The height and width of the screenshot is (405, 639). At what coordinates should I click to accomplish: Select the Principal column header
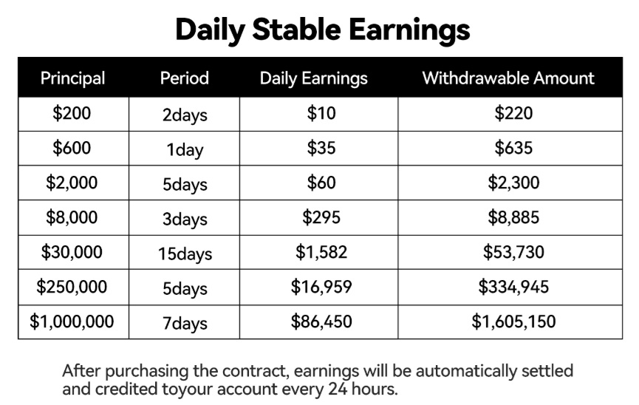pyautogui.click(x=73, y=78)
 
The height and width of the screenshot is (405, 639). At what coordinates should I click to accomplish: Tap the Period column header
pyautogui.click(x=185, y=78)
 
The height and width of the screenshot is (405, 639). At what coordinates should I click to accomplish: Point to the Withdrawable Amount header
pyautogui.click(x=508, y=78)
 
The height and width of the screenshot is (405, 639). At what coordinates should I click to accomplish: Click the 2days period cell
pyautogui.click(x=185, y=115)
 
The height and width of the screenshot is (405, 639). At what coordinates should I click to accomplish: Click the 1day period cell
pyautogui.click(x=185, y=150)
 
